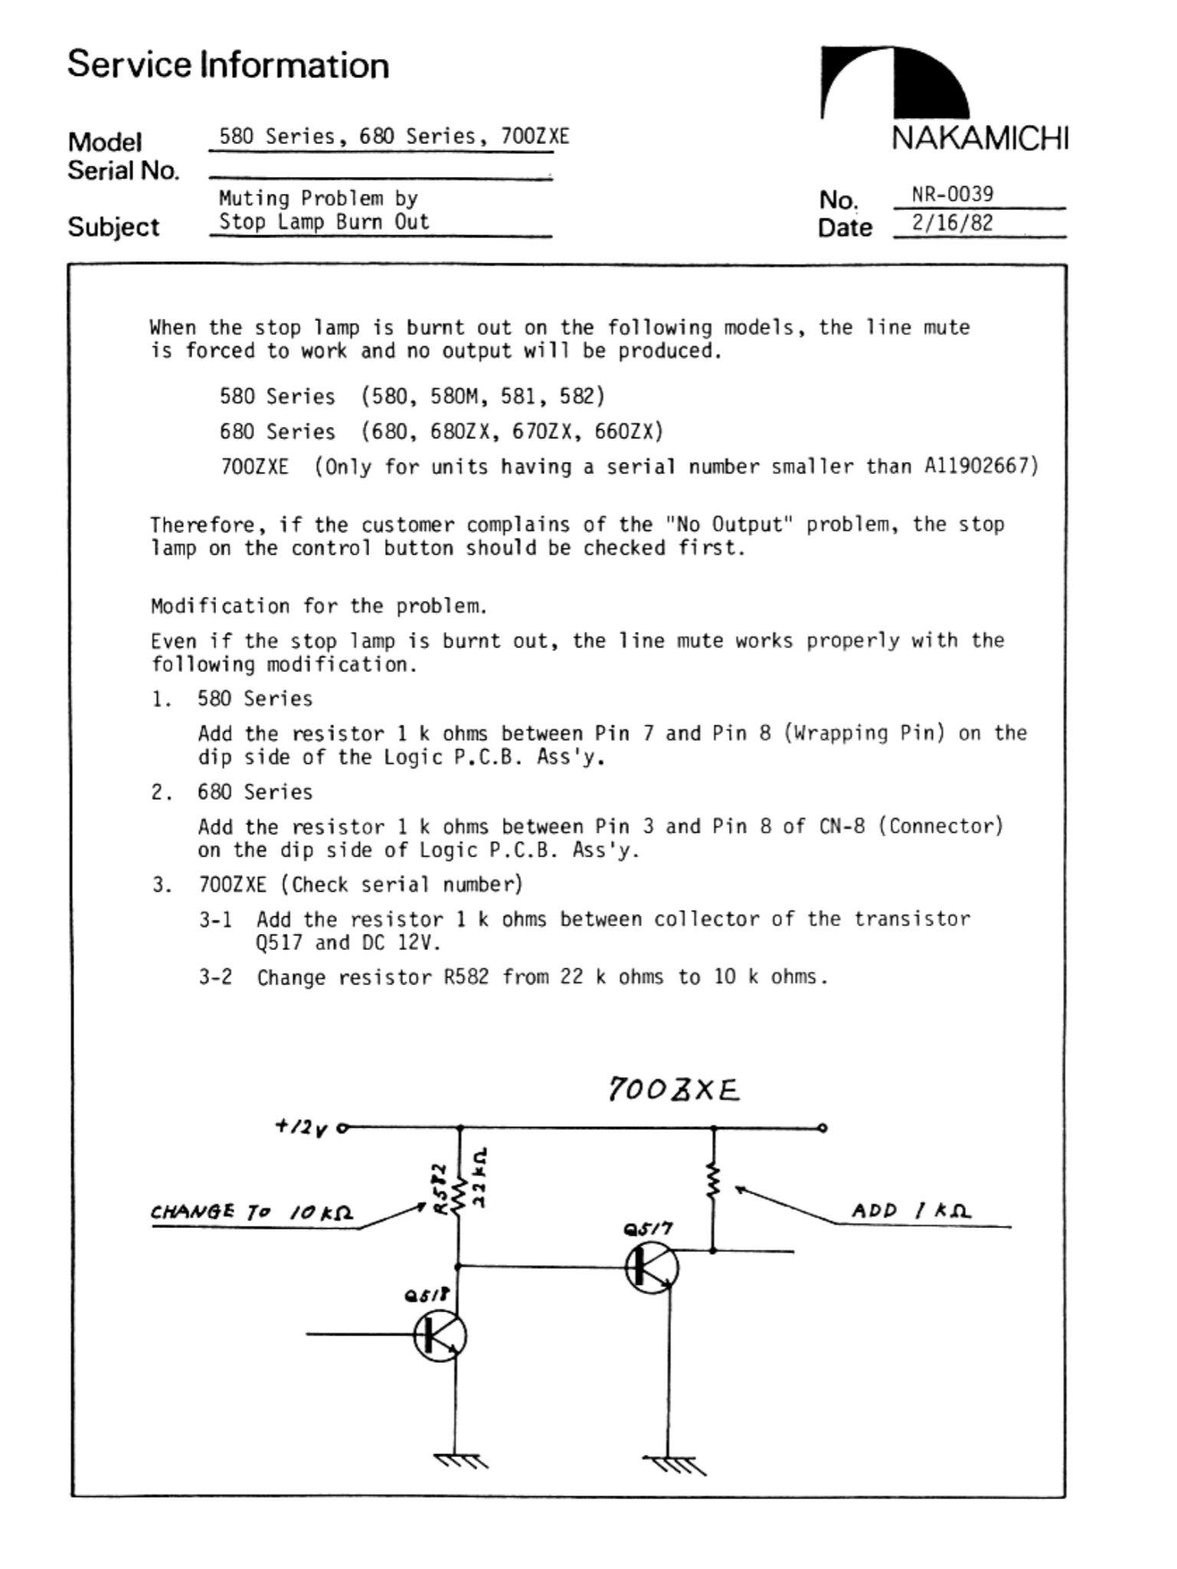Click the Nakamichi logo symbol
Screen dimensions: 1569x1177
pos(894,83)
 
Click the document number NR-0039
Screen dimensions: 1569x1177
pos(952,194)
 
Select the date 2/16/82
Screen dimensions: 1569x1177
pos(952,223)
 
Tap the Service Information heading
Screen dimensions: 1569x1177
pos(228,64)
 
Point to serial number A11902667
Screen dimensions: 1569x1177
pos(981,466)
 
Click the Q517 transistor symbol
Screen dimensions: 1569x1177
pos(651,1268)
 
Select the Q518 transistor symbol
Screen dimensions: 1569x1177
pos(440,1335)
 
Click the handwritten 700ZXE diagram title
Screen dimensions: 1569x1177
pos(674,1089)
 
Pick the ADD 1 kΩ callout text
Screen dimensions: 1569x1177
pos(911,1211)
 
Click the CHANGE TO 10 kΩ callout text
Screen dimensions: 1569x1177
pos(251,1213)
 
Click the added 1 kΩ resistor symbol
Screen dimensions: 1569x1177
pos(713,1181)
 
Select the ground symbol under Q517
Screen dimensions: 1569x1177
pos(673,1465)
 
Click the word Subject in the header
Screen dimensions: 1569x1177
pos(113,227)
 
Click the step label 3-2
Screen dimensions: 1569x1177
pos(215,978)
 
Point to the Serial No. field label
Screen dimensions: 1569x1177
pos(123,171)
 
